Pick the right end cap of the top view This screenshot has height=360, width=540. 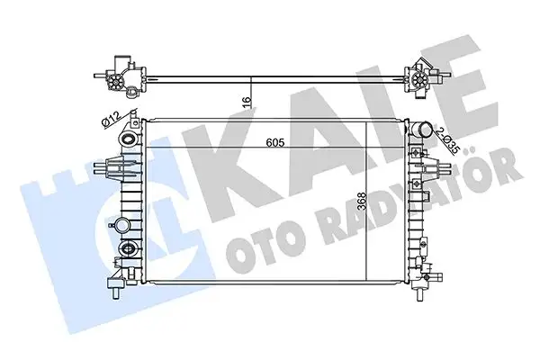[x=418, y=78]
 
